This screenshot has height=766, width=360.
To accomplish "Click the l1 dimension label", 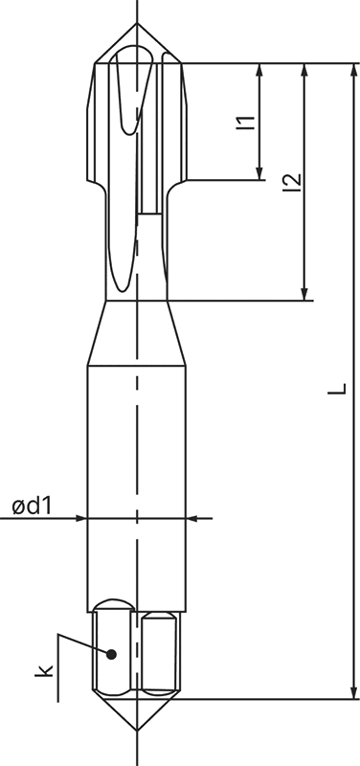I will click(245, 122).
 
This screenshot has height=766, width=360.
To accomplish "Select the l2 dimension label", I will click(292, 182).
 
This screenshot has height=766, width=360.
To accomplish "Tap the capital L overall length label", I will click(337, 388).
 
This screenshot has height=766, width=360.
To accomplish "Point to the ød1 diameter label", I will click(31, 505).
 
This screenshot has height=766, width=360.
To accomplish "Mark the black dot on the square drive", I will click(112, 654).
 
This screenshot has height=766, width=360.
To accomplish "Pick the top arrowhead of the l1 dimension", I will click(259, 70).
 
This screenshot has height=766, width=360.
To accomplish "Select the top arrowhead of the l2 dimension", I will click(304, 70).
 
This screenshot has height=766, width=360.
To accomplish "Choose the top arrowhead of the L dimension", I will click(353, 70).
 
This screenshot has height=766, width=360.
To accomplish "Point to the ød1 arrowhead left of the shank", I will click(80, 518).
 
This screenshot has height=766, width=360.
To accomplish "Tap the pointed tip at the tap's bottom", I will click(138, 732).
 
